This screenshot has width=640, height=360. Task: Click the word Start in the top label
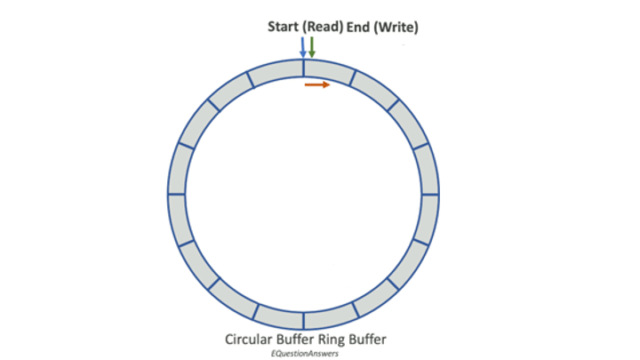click(282, 28)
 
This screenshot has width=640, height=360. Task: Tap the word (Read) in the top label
click(318, 28)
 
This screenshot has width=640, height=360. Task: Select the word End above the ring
click(354, 28)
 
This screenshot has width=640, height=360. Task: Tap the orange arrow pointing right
click(318, 85)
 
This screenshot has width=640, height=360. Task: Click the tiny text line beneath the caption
click(306, 353)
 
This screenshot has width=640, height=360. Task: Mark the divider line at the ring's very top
click(303, 68)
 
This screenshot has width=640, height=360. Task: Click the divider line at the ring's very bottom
click(303, 318)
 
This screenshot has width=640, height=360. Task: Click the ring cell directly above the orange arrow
click(327, 69)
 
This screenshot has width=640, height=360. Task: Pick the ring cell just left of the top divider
click(277, 70)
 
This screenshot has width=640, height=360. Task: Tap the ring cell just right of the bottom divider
click(329, 316)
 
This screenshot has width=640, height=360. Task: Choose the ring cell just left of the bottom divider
click(278, 316)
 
